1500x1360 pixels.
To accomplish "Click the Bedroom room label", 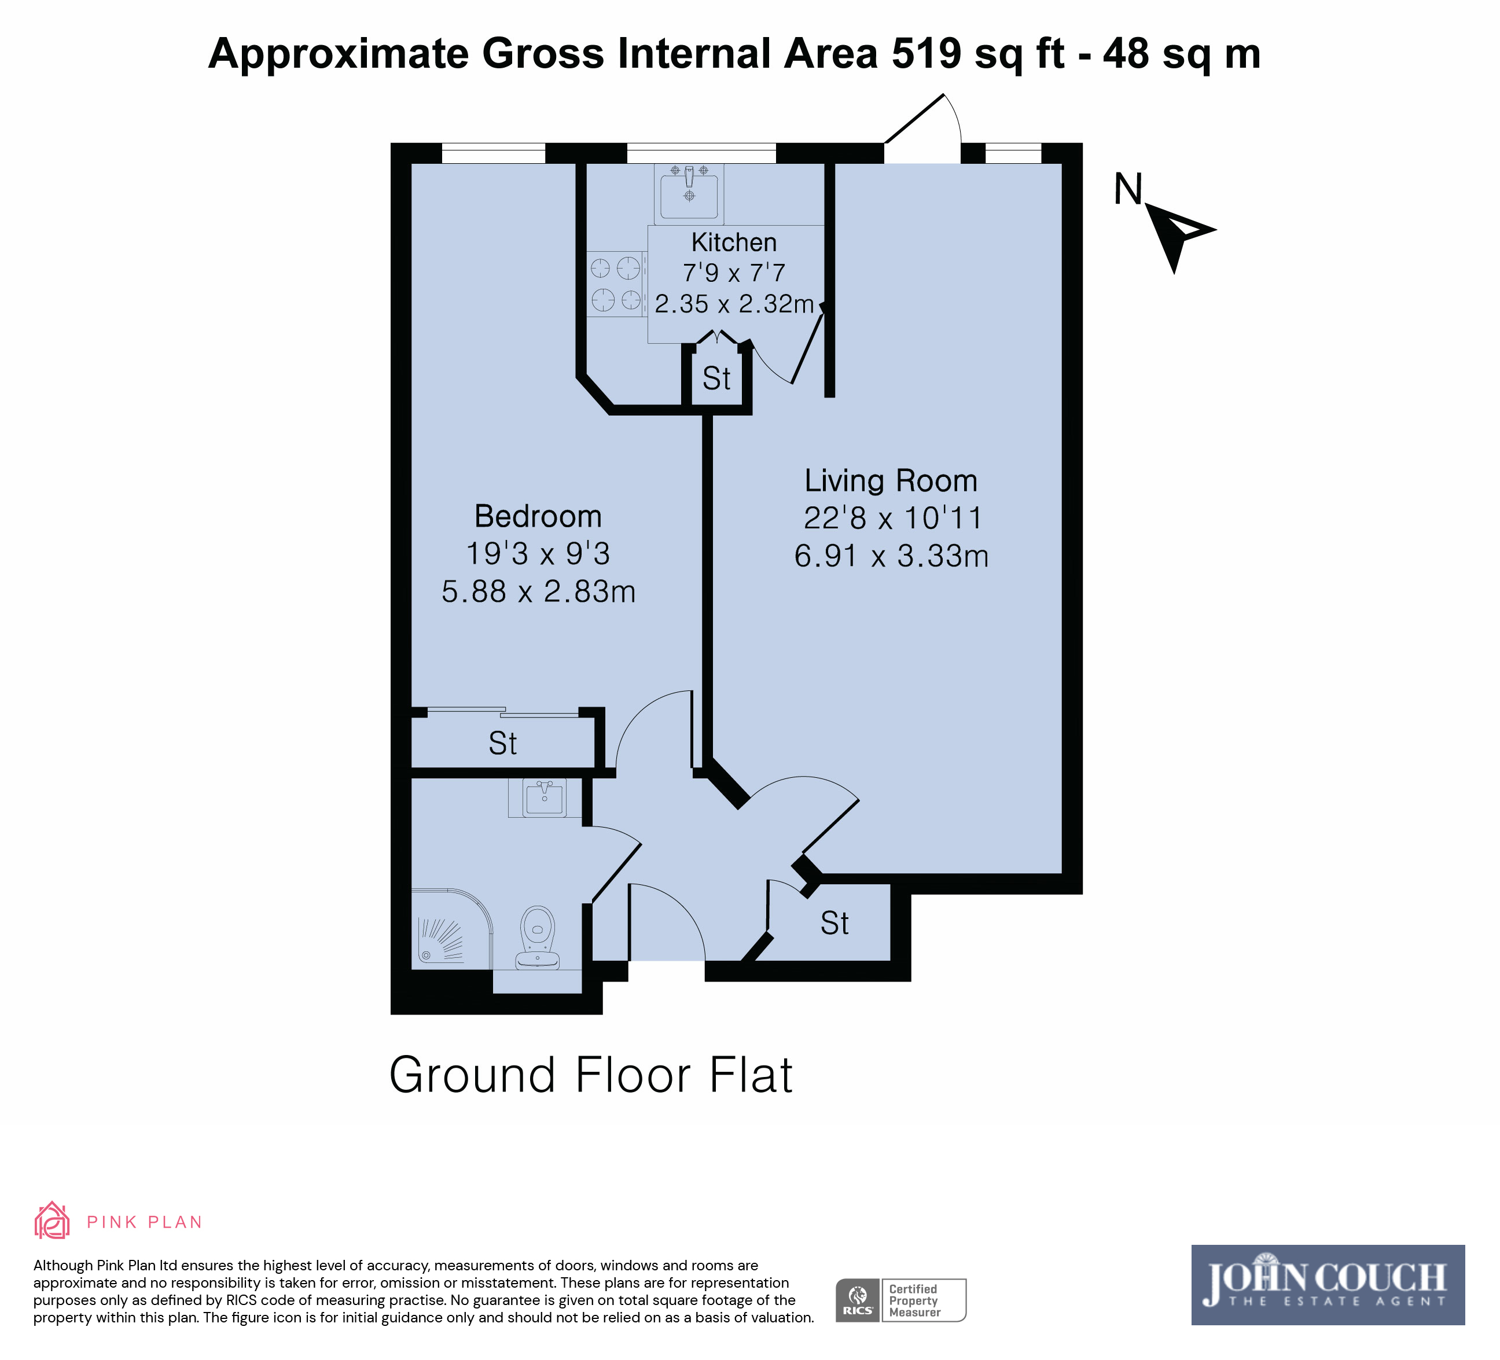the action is tap(538, 516).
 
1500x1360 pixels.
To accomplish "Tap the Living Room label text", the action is tap(891, 480).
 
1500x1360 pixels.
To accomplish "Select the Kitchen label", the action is tap(734, 242).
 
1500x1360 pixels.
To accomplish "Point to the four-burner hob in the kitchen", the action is tap(616, 284).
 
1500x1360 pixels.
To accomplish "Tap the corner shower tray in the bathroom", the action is tap(451, 928).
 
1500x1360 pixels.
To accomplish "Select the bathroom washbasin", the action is tap(545, 797).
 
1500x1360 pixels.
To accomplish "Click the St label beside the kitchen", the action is tap(716, 378).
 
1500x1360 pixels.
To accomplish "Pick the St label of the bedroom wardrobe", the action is tap(502, 743).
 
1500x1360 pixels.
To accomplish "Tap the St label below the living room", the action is tap(834, 923).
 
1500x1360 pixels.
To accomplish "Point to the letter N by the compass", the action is tap(1128, 189).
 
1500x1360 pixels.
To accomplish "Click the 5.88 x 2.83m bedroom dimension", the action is tap(538, 592).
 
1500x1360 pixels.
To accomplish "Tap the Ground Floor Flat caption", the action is tap(591, 1075).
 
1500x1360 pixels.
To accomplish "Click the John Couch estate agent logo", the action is tap(1328, 1285).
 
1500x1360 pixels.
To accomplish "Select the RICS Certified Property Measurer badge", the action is tap(900, 1300).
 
